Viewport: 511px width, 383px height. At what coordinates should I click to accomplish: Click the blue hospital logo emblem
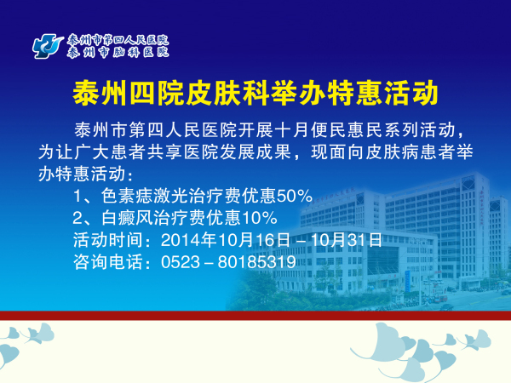tap(48, 47)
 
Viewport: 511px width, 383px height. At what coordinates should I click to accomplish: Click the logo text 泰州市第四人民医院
tap(118, 40)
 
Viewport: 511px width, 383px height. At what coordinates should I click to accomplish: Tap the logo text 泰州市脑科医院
tap(118, 52)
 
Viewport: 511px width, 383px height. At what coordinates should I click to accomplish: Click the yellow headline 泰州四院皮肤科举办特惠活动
tap(255, 93)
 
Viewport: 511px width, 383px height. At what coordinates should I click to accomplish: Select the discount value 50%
tap(295, 196)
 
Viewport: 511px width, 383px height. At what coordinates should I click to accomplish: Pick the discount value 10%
tap(260, 218)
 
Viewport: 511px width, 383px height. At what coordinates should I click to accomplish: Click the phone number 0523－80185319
tap(228, 262)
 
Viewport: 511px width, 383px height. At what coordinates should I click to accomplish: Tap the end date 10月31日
tap(346, 240)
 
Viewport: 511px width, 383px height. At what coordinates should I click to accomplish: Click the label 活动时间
tap(108, 240)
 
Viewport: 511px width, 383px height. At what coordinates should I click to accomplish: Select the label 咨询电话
tap(108, 262)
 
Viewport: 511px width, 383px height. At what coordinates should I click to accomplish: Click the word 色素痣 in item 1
tap(126, 196)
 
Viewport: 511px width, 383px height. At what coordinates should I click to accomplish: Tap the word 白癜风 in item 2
tap(126, 218)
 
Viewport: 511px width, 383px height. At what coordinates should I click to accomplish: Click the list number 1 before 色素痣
tap(78, 196)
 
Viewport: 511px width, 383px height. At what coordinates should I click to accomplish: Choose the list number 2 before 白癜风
tap(78, 218)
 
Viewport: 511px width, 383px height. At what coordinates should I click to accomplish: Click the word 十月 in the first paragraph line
tap(291, 130)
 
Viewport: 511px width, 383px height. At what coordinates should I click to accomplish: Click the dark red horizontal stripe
tap(255, 315)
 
